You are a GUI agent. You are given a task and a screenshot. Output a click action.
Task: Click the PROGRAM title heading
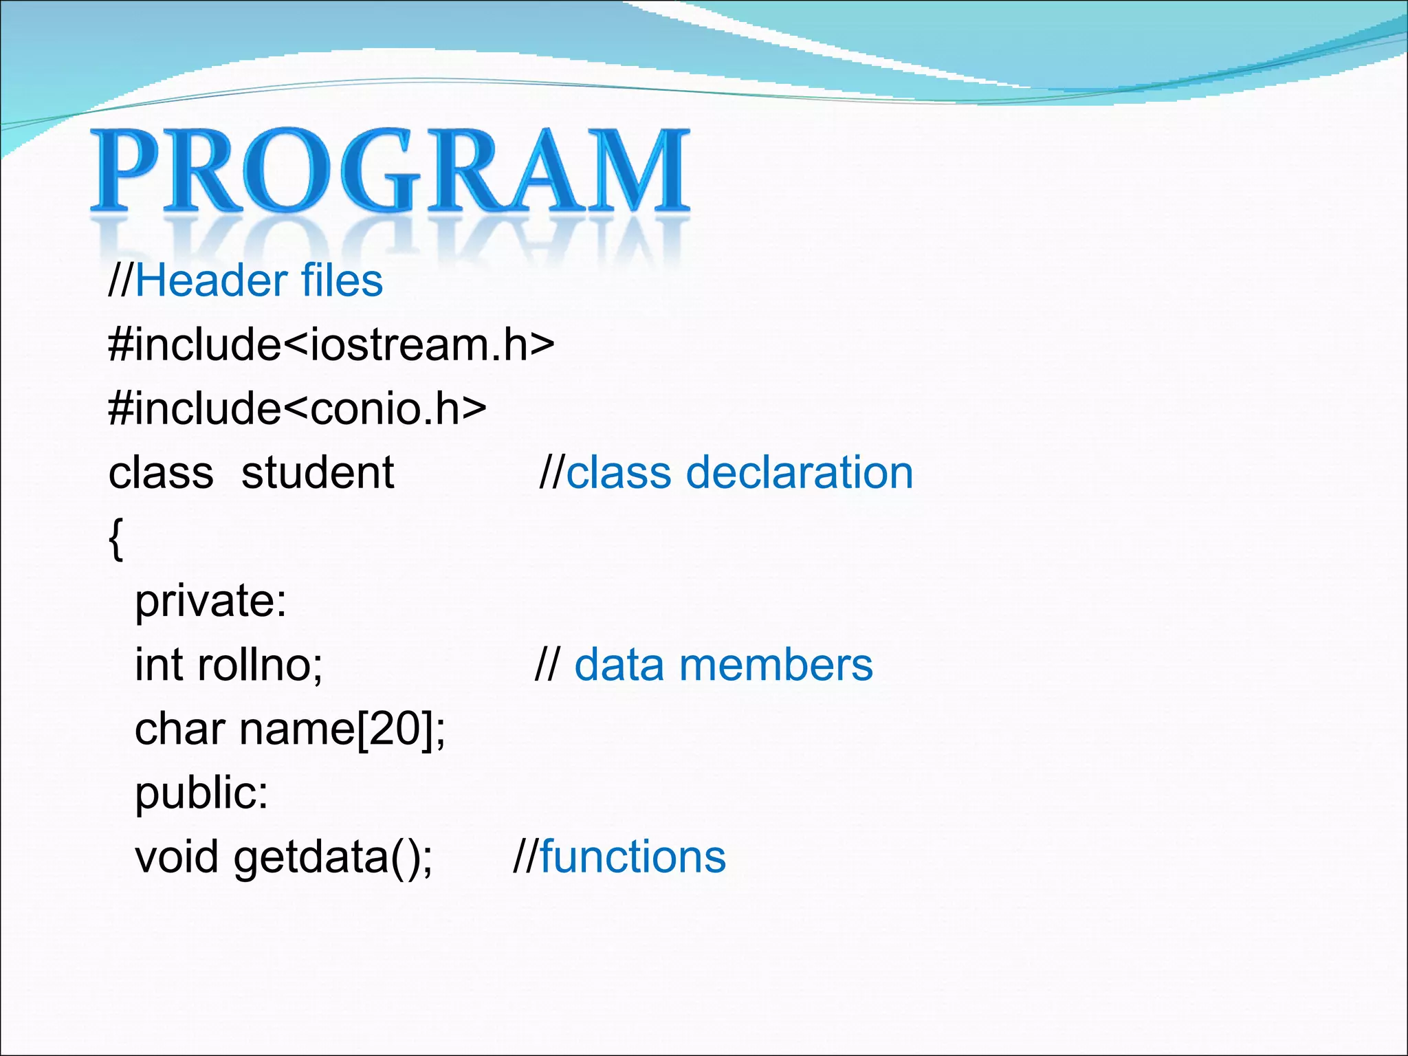click(390, 170)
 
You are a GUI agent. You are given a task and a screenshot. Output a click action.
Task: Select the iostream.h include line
click(331, 344)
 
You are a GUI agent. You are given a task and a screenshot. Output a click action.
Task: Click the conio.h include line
click(297, 408)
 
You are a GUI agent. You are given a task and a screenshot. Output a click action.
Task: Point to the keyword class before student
click(161, 473)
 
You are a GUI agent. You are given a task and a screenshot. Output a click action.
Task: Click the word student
click(318, 473)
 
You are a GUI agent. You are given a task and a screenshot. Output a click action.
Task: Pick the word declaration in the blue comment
click(800, 473)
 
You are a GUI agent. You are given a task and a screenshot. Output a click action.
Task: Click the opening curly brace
click(116, 538)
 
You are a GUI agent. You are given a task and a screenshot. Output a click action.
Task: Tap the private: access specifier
click(210, 602)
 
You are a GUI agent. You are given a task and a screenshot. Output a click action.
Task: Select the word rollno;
click(260, 665)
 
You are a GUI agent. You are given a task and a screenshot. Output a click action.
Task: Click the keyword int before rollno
click(159, 665)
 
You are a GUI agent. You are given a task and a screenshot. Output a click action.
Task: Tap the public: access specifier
click(201, 793)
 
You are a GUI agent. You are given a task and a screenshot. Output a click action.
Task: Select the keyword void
click(177, 857)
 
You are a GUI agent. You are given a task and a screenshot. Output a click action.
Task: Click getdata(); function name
click(333, 859)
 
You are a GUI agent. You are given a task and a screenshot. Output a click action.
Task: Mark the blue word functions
click(632, 857)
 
